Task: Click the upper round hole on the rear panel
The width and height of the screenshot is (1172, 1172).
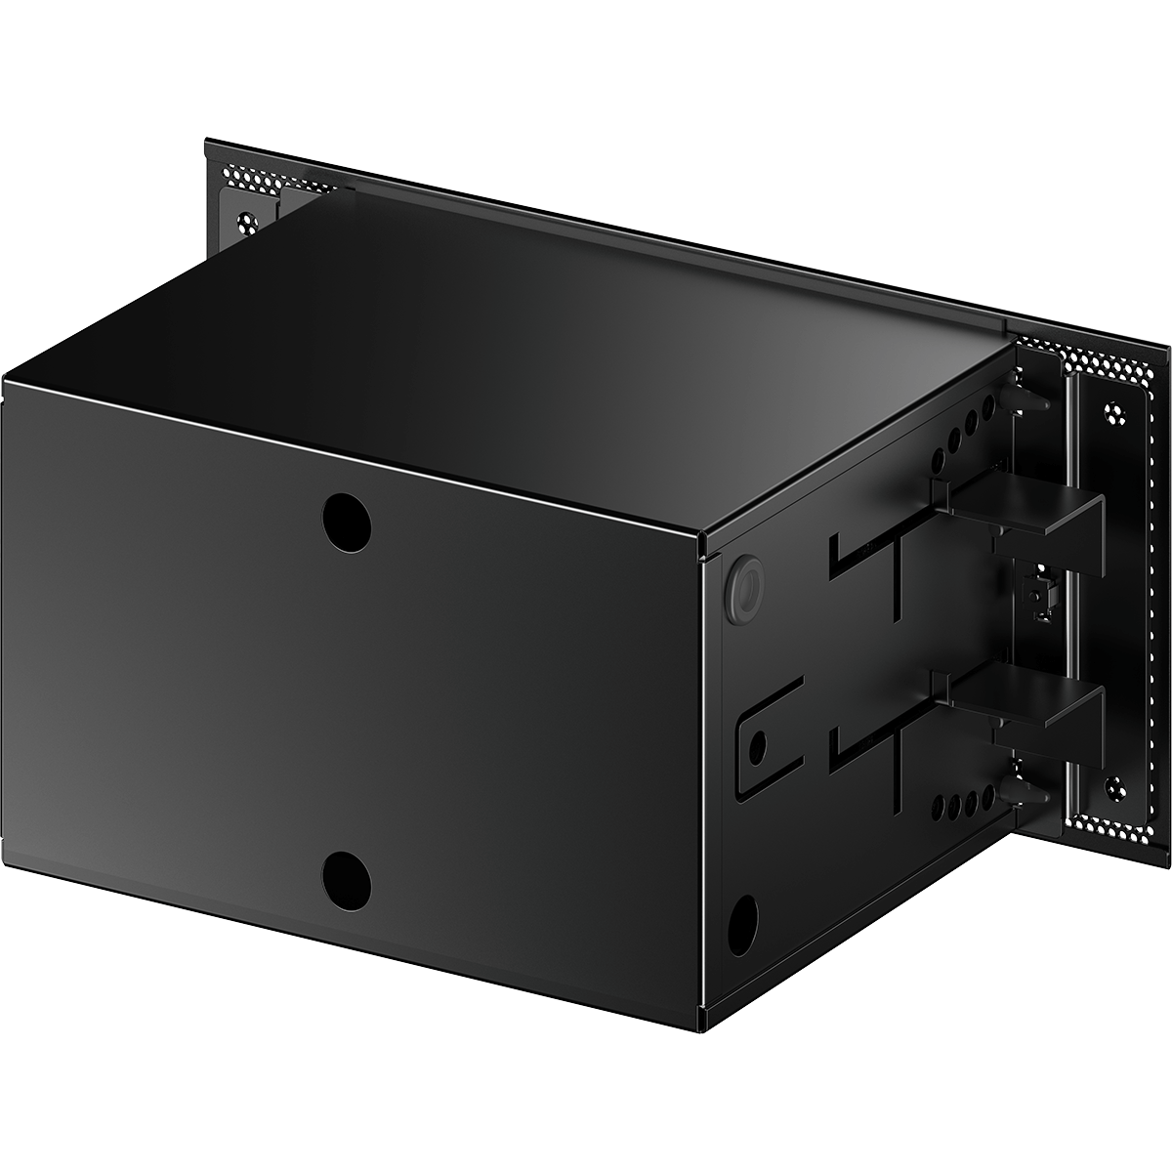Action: tap(347, 519)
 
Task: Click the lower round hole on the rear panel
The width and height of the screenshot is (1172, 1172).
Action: tap(347, 875)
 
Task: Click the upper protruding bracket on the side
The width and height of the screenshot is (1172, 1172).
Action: tap(1025, 508)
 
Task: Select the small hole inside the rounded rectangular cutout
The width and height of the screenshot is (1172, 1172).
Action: tap(756, 746)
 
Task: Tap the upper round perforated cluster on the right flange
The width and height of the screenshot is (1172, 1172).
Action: tap(1112, 409)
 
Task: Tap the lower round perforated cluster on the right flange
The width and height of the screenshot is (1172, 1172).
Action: tap(1112, 783)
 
